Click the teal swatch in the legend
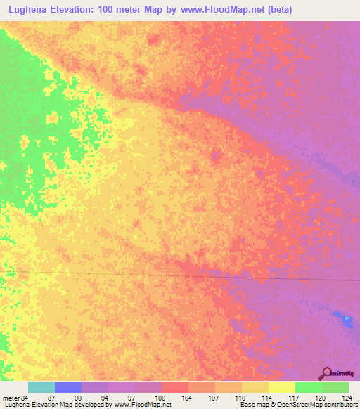tap(41, 388)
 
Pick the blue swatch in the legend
tap(67, 388)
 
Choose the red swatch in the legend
tap(174, 388)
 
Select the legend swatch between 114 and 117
tap(281, 388)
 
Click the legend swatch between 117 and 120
tap(308, 388)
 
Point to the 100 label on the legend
tap(160, 397)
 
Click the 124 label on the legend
tap(347, 397)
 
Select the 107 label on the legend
tap(214, 397)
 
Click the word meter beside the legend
tap(12, 397)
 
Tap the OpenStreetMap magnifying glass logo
tap(327, 373)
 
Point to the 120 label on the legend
tap(321, 397)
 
